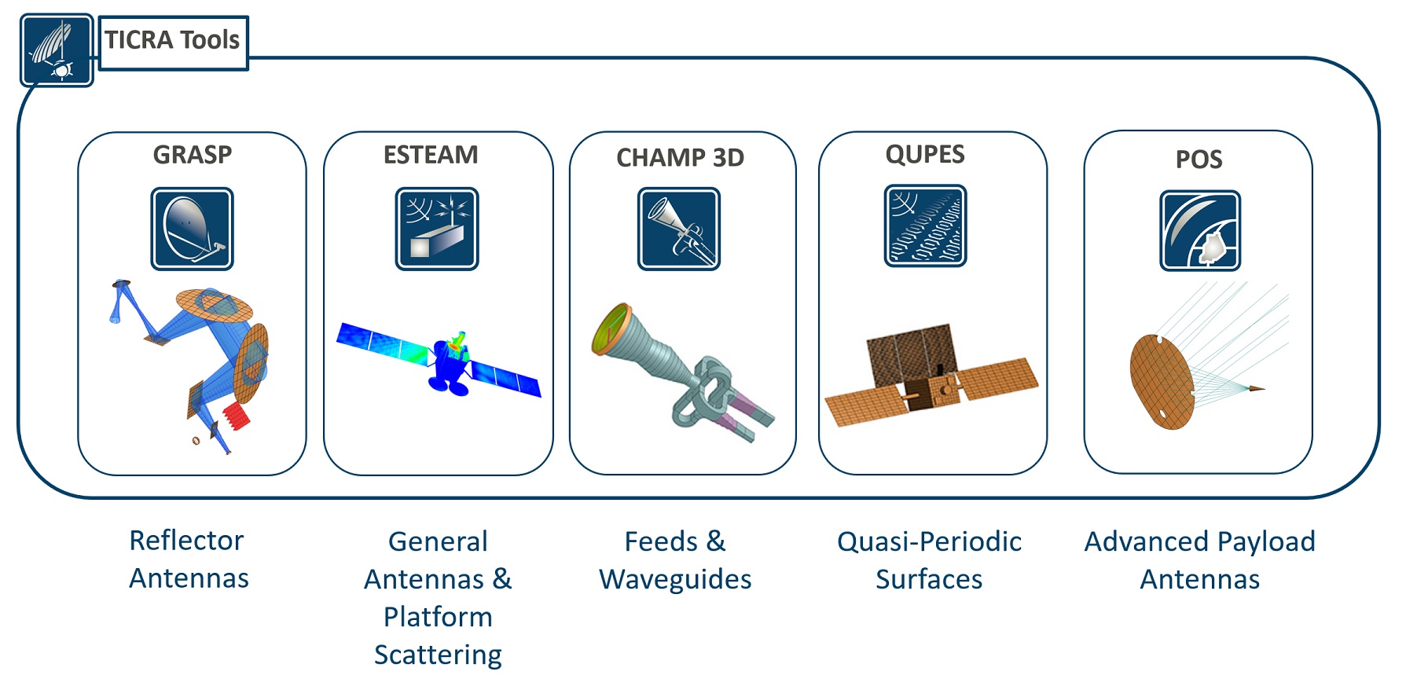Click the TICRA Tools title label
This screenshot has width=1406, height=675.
172,40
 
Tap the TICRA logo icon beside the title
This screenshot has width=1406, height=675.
57,50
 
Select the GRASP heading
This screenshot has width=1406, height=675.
193,155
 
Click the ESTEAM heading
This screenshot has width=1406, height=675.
431,155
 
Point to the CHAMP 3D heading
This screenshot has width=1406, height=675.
680,158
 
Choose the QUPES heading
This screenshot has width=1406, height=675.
925,154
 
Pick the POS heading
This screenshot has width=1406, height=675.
1199,160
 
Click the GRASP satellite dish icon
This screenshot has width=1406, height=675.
192,229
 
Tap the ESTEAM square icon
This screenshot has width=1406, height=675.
437,229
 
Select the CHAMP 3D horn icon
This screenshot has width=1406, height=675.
679,229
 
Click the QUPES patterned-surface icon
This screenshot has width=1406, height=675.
925,226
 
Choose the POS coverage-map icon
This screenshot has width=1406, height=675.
1200,231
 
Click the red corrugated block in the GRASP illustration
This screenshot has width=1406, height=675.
236,416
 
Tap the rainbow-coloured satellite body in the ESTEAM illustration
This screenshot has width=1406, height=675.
450,362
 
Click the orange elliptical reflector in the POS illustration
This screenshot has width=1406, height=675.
1162,382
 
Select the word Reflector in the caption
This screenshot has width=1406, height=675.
186,541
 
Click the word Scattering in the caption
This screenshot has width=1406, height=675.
438,655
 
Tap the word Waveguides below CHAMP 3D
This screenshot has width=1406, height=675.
675,580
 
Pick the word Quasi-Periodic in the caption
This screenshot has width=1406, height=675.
929,541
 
